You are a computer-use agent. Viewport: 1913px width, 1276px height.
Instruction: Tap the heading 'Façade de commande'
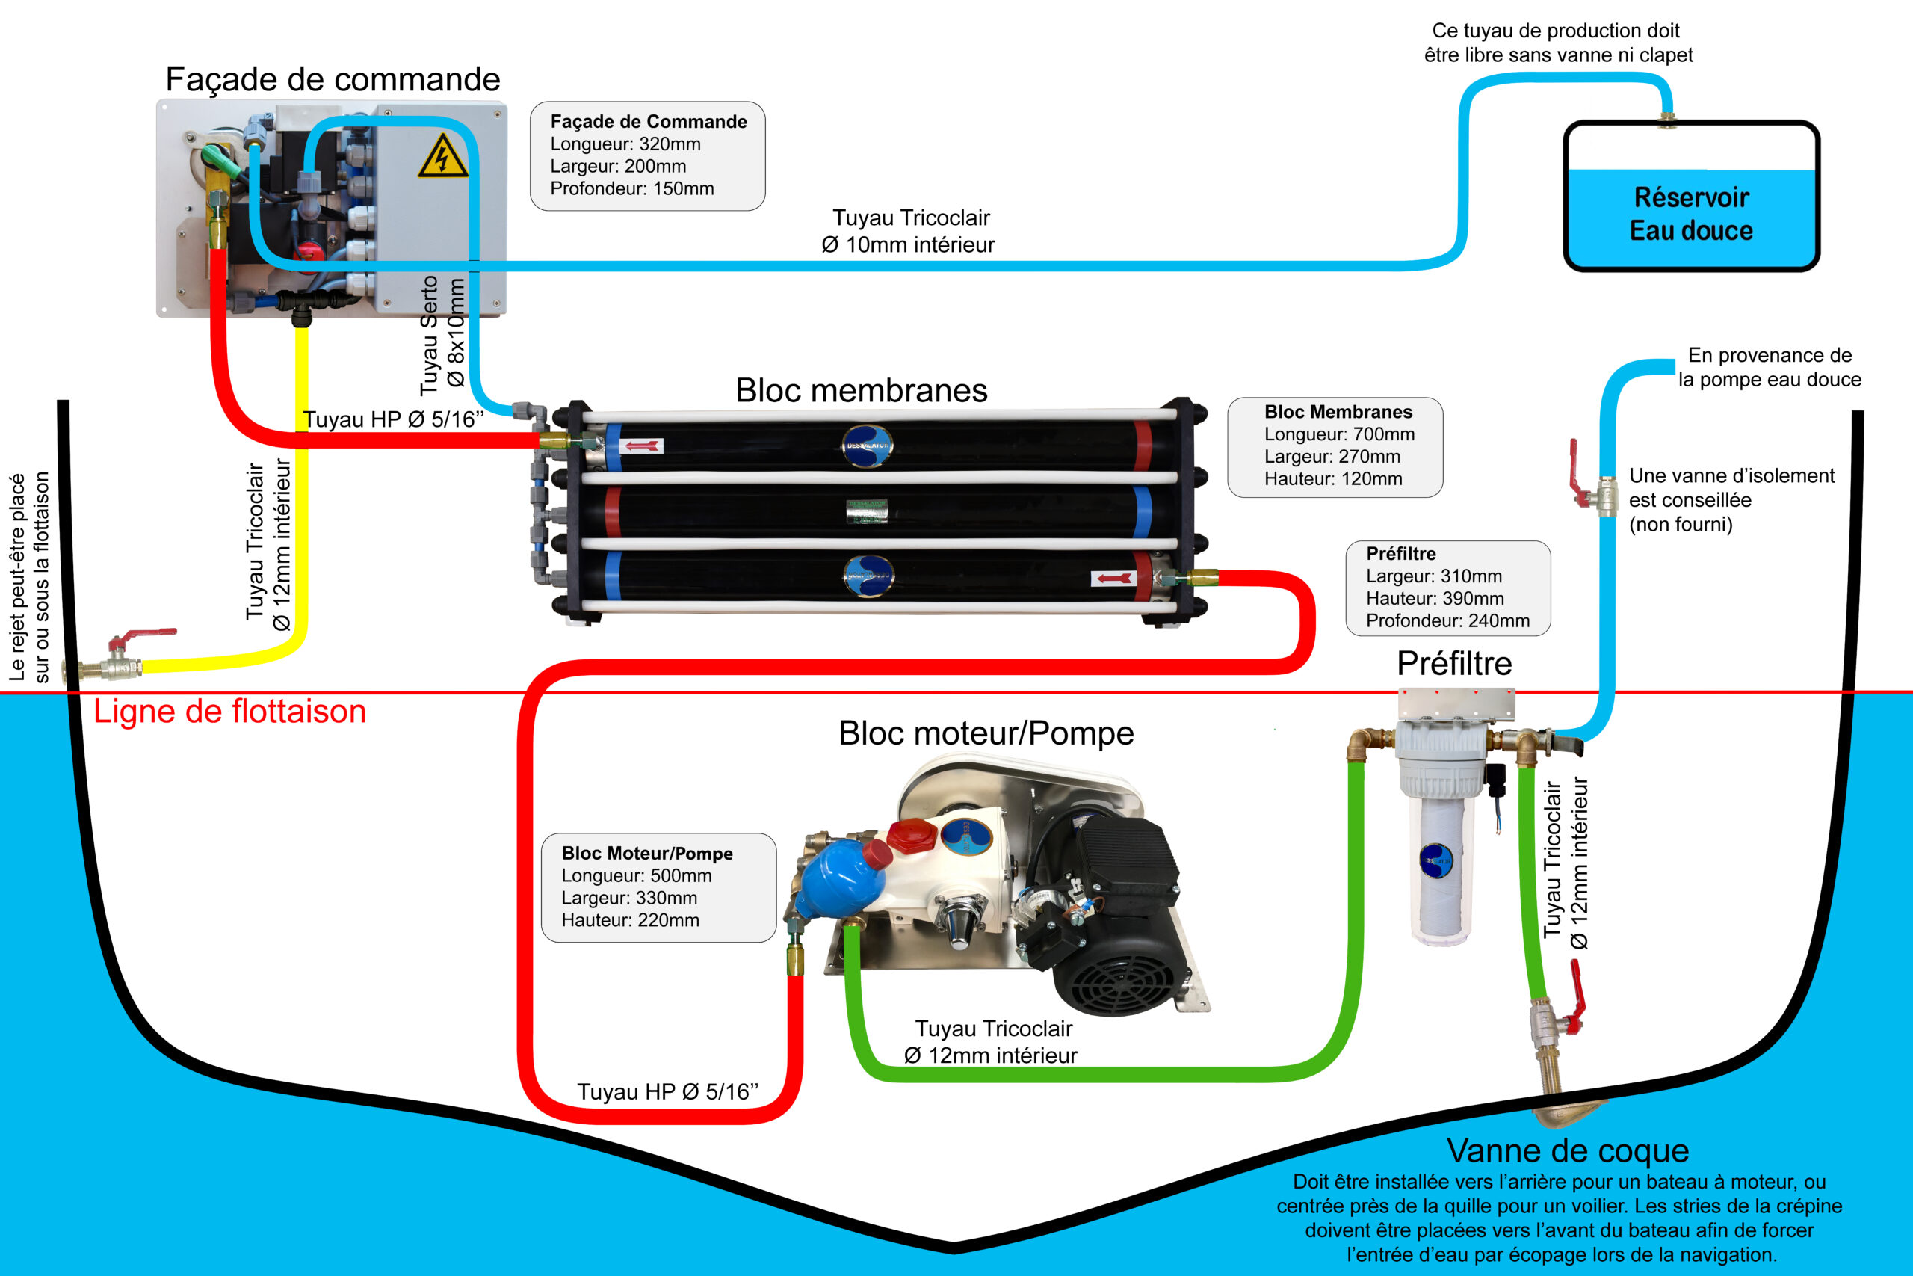tap(333, 80)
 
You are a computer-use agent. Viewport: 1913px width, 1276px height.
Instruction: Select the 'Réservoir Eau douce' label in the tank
tap(1692, 214)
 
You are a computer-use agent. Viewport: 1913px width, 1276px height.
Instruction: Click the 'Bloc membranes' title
tap(862, 391)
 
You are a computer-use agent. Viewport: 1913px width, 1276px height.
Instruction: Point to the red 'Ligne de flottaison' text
tap(230, 711)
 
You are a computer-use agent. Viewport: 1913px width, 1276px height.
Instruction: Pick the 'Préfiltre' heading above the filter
tap(1454, 664)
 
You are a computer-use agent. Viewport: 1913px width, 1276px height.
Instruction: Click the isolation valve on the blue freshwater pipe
tap(1594, 485)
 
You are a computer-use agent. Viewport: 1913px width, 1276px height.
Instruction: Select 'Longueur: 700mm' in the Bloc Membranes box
tap(1340, 434)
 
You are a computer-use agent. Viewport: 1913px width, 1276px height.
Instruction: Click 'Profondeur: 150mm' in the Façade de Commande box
tap(632, 189)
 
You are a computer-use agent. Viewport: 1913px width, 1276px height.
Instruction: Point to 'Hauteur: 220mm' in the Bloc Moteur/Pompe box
tap(631, 920)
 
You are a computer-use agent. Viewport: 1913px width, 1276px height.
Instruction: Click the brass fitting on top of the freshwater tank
tap(1666, 120)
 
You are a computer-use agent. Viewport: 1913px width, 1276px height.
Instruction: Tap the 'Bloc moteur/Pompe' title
tap(986, 734)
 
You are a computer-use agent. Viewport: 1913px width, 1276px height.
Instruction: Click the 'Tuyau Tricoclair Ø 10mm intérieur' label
tap(909, 231)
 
